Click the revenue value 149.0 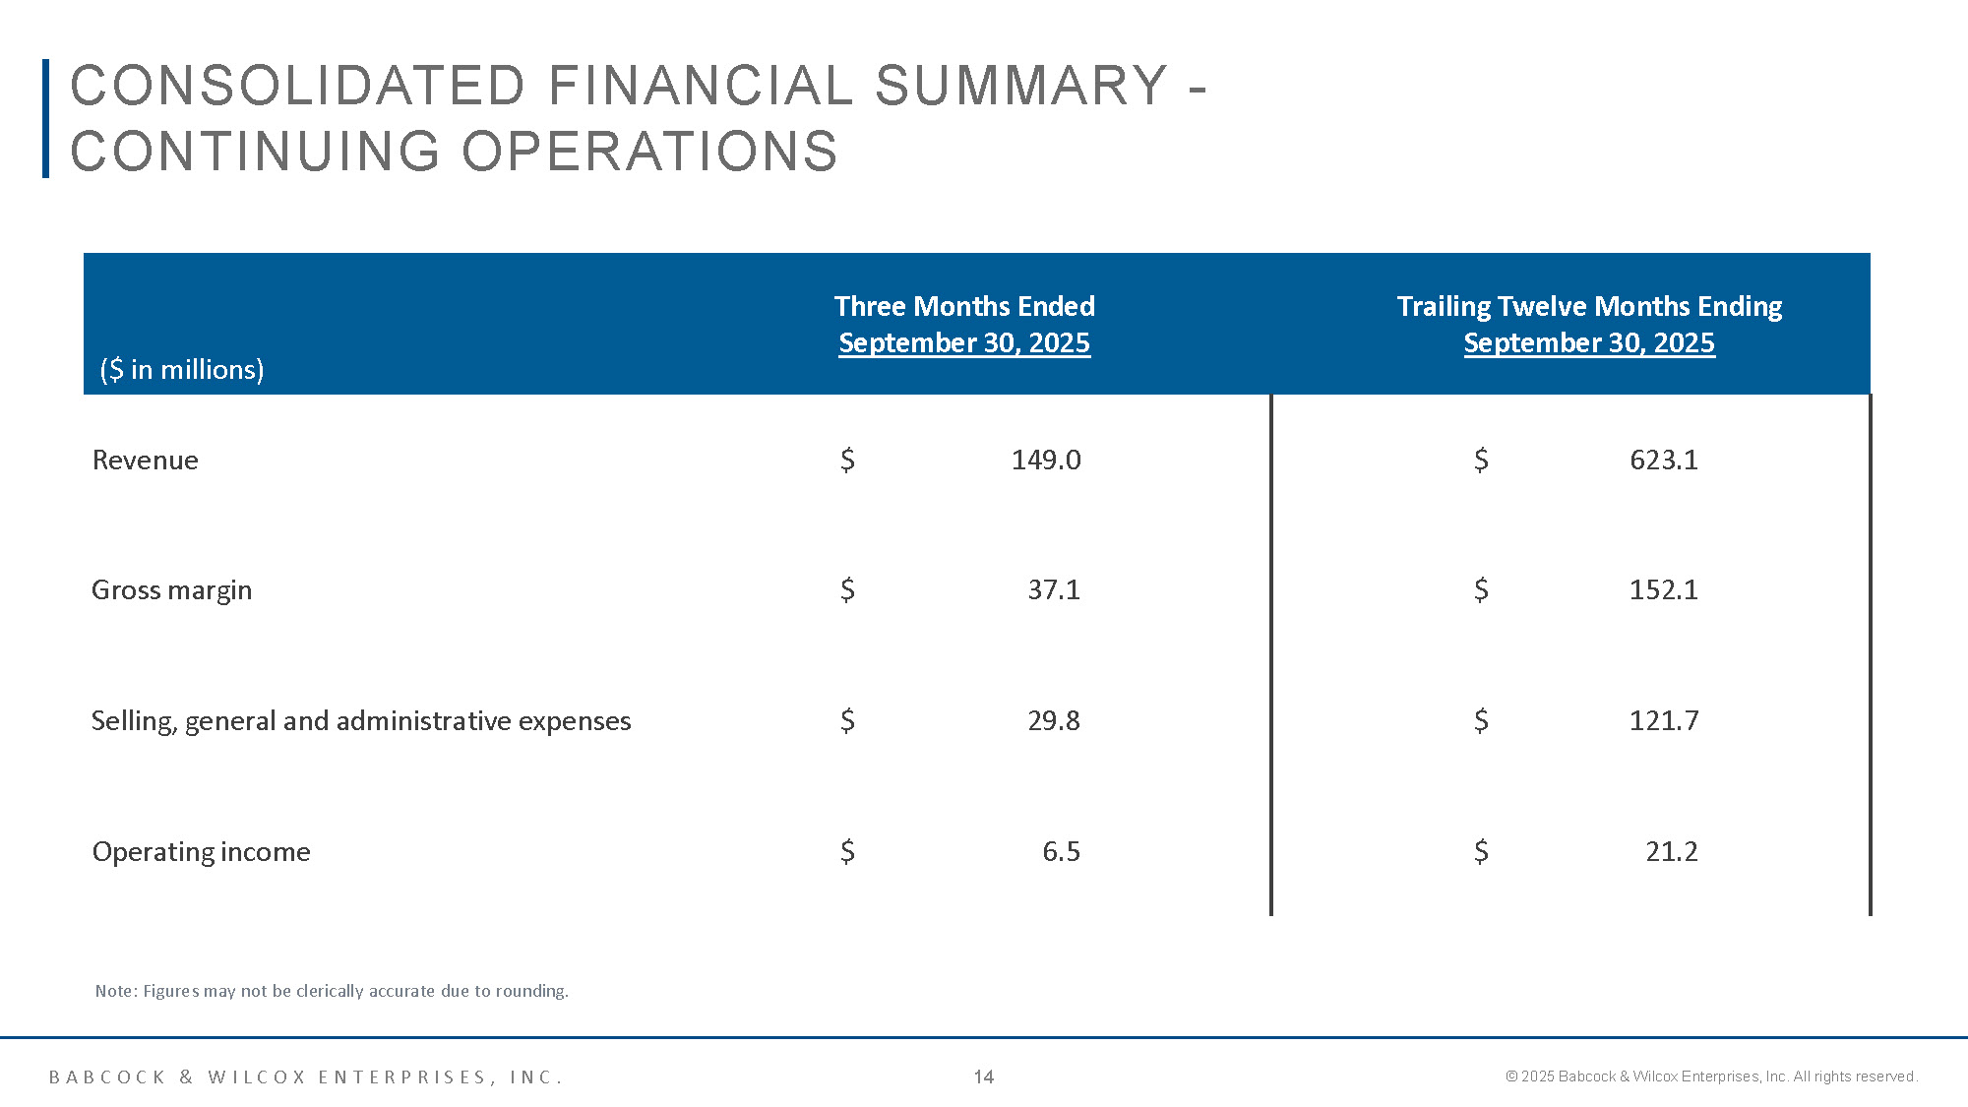pos(1046,460)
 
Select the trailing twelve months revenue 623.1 pos(1663,460)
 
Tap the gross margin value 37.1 pos(1053,589)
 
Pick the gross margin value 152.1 pos(1663,589)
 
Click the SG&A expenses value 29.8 pos(1053,720)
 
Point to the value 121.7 pos(1663,720)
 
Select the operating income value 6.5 pos(1061,851)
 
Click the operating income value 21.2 pos(1671,851)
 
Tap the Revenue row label pos(145,460)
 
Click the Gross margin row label pos(171,589)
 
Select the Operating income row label pos(201,851)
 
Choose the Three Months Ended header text pos(964,306)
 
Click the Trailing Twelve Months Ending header pos(1589,306)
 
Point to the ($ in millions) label pos(182,369)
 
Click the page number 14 pos(983,1076)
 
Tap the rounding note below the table pos(332,991)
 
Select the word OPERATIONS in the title pos(649,152)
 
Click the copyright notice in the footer pos(1710,1076)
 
